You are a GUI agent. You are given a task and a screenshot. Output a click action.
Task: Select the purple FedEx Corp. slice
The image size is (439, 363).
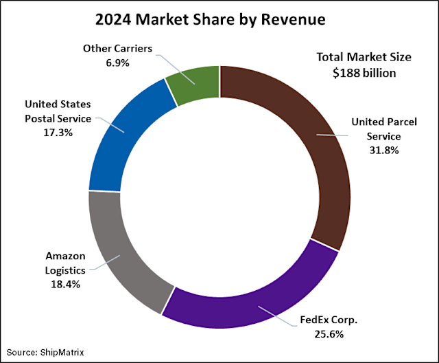point(254,302)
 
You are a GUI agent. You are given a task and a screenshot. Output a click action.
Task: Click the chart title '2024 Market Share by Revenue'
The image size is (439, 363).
point(219,21)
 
